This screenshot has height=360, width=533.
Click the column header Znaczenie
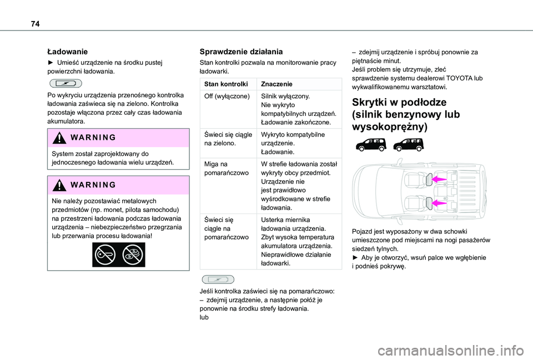[276, 83]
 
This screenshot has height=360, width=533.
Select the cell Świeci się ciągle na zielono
[226, 139]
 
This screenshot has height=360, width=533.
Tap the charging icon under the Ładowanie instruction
[65, 83]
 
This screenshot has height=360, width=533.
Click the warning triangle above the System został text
[59, 136]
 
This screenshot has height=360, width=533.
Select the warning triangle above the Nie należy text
[59, 185]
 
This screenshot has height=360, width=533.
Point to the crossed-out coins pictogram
[133, 256]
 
